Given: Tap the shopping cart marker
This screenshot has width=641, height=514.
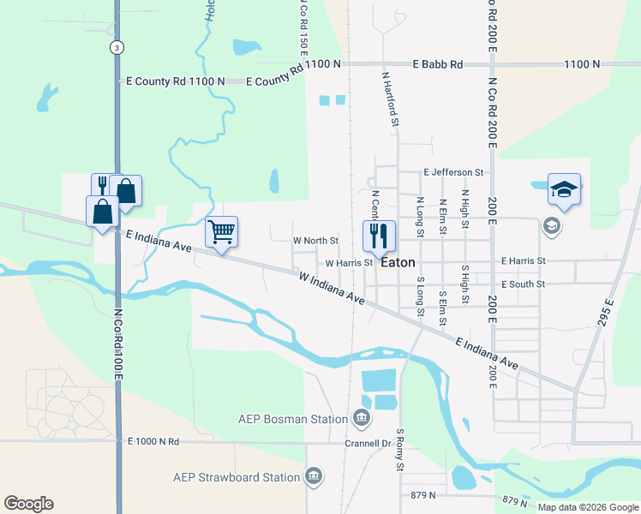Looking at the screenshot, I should [x=221, y=231].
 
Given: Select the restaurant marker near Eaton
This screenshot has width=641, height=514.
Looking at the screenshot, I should [x=378, y=236].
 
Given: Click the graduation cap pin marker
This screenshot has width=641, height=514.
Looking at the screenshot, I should [x=564, y=189].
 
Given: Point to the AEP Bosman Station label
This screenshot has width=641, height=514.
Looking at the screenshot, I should [x=294, y=419].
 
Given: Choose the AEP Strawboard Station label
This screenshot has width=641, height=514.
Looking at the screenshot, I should [x=237, y=477].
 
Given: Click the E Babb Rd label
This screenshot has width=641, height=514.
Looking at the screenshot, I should [x=437, y=64].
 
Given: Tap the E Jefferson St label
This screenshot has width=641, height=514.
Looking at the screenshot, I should [x=453, y=172].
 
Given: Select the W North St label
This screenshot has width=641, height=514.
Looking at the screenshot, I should [x=315, y=242].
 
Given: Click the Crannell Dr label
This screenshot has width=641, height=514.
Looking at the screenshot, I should [x=368, y=444].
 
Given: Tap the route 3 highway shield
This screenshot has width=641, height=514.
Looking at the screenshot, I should [x=115, y=48].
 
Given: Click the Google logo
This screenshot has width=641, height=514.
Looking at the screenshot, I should [x=28, y=504].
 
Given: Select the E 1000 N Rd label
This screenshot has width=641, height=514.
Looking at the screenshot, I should [x=153, y=442].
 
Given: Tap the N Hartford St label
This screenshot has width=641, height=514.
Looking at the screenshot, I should [x=390, y=99].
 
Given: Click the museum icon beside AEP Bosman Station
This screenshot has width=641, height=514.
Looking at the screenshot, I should [x=362, y=418].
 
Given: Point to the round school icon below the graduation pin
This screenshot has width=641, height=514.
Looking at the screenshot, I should [x=551, y=226].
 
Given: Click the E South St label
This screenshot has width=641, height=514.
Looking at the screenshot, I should [x=524, y=284].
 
